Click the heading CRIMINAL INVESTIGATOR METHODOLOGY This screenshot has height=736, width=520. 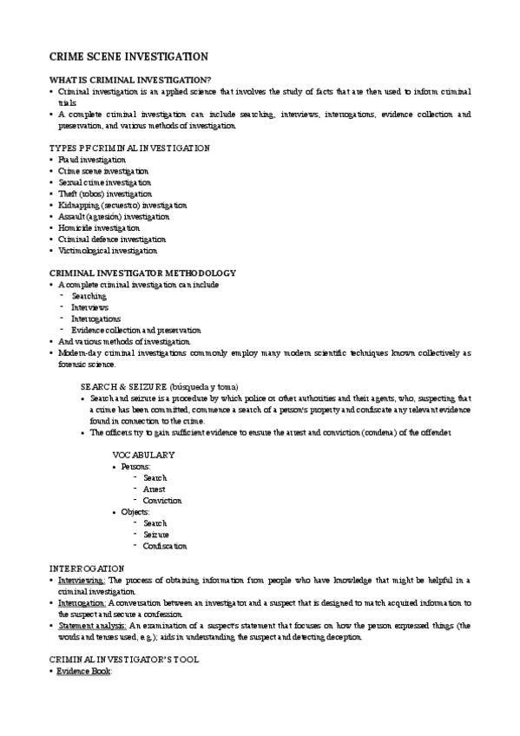[142, 273]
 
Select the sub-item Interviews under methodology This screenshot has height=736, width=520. [90, 307]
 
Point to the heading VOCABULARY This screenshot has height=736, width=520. [144, 455]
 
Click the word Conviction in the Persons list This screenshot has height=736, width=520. [162, 501]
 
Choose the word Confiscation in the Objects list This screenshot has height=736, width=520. [165, 546]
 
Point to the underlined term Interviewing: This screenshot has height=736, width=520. [82, 580]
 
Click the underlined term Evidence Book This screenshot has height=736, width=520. [84, 671]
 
